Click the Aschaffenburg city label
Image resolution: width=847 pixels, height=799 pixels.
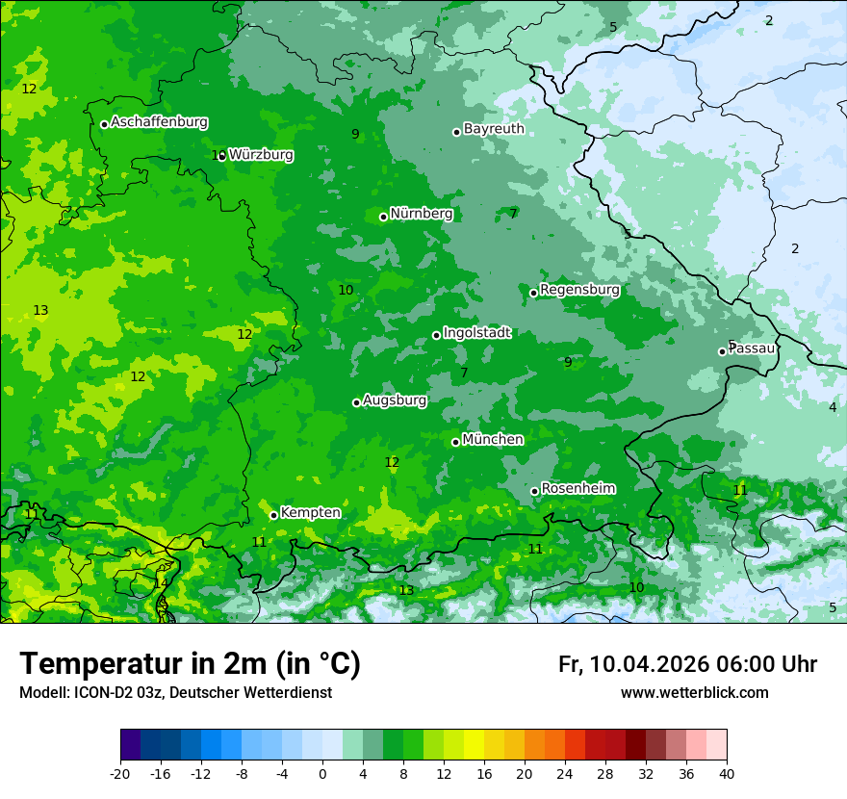pyautogui.click(x=159, y=122)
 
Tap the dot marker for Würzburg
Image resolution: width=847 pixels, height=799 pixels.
pyautogui.click(x=222, y=156)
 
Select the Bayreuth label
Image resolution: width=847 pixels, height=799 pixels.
pyautogui.click(x=494, y=129)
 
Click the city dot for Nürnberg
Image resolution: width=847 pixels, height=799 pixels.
pyautogui.click(x=383, y=217)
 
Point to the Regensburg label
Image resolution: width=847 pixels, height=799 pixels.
pyautogui.click(x=579, y=290)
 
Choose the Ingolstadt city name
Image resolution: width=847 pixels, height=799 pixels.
pyautogui.click(x=476, y=333)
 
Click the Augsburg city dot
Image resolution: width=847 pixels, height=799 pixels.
pyautogui.click(x=356, y=402)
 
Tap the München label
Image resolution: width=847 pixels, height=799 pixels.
pyautogui.click(x=493, y=440)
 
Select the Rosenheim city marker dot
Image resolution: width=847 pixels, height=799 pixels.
pyautogui.click(x=534, y=491)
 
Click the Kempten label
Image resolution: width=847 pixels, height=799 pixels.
pyautogui.click(x=310, y=513)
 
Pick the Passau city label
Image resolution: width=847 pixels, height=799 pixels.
pyautogui.click(x=752, y=348)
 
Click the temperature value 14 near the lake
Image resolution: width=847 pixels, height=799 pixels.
pyautogui.click(x=161, y=583)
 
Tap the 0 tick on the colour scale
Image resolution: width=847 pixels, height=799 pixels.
pyautogui.click(x=322, y=773)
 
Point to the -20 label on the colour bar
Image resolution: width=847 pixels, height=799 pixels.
pyautogui.click(x=120, y=773)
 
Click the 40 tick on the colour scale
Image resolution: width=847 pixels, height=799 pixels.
pyautogui.click(x=727, y=773)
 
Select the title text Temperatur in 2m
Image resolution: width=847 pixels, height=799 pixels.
pyautogui.click(x=190, y=664)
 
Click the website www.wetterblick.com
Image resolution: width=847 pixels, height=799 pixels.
pyautogui.click(x=694, y=693)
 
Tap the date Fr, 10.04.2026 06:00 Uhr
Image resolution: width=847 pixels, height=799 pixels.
pyautogui.click(x=687, y=664)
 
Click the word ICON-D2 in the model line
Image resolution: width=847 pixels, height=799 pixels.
pyautogui.click(x=96, y=693)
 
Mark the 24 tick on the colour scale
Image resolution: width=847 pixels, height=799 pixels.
pyautogui.click(x=565, y=773)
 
